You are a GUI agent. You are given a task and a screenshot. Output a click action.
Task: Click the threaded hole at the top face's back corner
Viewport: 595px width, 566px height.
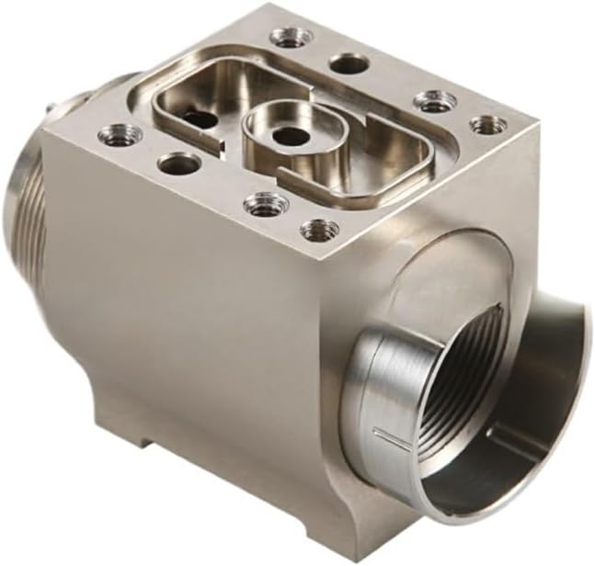[292, 38]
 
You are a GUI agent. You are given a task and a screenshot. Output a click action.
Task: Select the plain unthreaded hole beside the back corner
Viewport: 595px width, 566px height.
[349, 64]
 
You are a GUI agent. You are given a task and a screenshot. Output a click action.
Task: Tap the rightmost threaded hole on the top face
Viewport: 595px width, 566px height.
[487, 124]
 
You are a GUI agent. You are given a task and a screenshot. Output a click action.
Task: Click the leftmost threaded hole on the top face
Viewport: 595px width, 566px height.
[120, 135]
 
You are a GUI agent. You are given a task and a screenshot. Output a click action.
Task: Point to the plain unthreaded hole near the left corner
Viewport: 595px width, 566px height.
[178, 164]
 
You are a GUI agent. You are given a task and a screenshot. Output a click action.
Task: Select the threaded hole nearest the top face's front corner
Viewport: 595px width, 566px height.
[319, 229]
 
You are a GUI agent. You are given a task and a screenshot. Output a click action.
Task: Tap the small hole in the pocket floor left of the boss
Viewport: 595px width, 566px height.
[201, 119]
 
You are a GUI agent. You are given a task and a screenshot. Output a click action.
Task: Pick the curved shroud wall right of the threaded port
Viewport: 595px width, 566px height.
[543, 386]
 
